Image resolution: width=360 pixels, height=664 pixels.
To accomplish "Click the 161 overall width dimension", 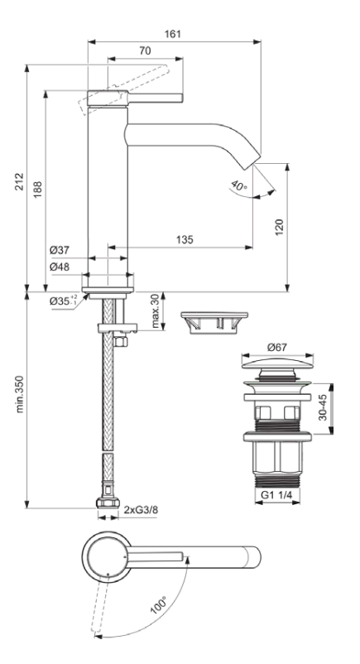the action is coord(172,34).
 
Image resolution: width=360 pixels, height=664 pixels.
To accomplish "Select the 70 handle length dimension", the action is coord(145,51).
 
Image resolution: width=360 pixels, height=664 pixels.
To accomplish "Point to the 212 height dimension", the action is coord(20,181).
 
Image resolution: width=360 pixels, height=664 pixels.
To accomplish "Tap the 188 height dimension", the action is coord(38,190).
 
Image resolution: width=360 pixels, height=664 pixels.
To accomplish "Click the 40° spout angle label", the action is coord(239,185).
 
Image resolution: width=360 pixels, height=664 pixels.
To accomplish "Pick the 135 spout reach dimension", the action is coord(185,239).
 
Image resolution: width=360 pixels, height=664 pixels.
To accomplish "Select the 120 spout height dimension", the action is coord(280,227).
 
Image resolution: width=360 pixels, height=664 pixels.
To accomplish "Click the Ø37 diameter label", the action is coord(60,250).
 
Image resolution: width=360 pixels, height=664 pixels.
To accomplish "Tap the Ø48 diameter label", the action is coord(60,267).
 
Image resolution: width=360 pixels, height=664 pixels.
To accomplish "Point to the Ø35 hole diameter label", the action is coord(64,301).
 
